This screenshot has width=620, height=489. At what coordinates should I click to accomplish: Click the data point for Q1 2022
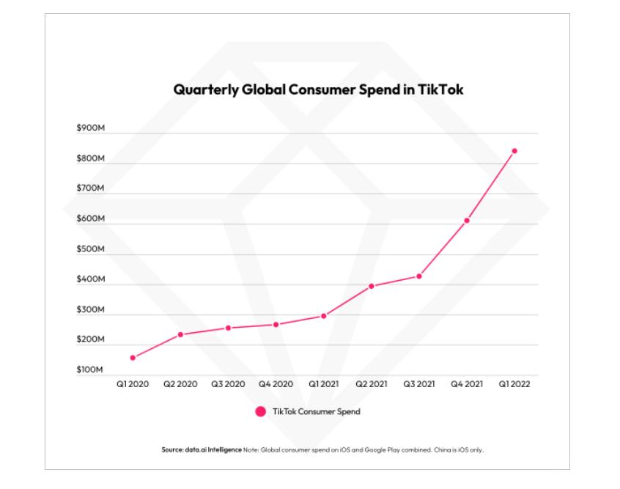[514, 151]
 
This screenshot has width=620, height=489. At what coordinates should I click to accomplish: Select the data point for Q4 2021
[467, 220]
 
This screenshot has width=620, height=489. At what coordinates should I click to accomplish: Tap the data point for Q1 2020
[133, 358]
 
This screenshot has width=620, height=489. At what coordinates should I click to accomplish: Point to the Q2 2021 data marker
[372, 286]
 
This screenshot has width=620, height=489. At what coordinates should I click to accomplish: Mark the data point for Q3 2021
[419, 276]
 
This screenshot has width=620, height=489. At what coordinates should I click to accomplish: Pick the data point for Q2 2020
[180, 334]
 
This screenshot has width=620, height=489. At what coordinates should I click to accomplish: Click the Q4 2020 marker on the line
[276, 324]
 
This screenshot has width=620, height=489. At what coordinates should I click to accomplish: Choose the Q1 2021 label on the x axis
[323, 384]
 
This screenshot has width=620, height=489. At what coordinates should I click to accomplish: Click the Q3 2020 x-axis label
[228, 384]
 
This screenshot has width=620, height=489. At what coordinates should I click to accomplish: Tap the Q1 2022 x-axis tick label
[514, 384]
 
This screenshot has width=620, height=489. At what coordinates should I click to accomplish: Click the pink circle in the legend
[260, 412]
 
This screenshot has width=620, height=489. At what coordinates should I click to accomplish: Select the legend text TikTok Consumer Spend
[317, 412]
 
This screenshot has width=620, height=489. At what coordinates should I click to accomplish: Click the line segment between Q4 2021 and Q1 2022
[491, 185]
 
